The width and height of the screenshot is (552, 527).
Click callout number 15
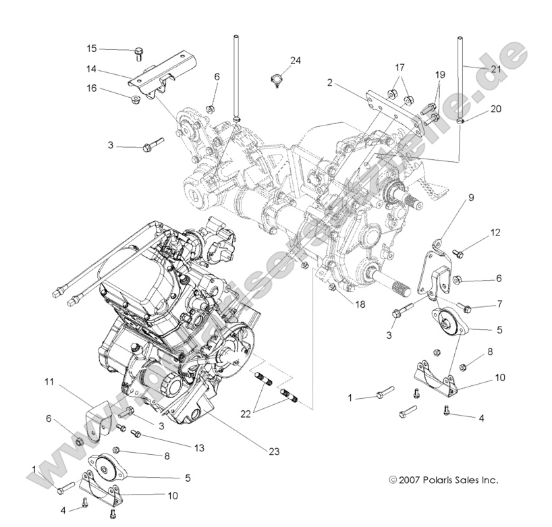tap(92, 48)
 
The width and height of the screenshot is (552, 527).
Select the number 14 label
tap(92, 68)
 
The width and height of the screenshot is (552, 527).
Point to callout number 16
tap(92, 88)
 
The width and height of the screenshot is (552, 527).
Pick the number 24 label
tap(296, 61)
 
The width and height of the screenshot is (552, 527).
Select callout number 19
tap(440, 74)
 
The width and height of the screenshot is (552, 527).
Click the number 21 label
tap(495, 70)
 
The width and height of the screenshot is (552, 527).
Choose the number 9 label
tap(471, 198)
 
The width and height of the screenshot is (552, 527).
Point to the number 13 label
tap(181, 447)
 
